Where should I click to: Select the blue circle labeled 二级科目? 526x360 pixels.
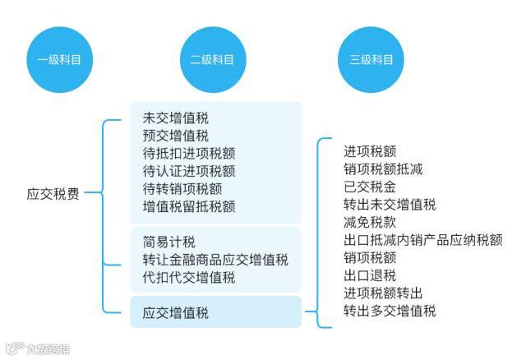[212, 60]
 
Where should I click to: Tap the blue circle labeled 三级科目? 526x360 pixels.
[366, 60]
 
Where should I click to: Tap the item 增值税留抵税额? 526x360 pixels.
[188, 206]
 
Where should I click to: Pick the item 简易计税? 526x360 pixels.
[168, 242]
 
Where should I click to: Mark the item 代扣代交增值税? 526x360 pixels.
[188, 278]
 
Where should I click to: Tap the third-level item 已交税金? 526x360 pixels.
[370, 187]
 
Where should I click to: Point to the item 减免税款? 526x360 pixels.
[370, 222]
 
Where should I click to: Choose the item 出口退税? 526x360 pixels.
[370, 275]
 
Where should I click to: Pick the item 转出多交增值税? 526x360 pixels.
[390, 311]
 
